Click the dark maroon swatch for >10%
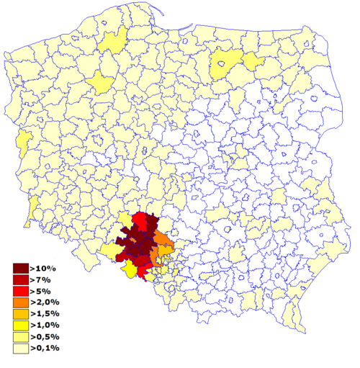tap(20, 268)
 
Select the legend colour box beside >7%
tap(20, 279)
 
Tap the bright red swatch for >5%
tap(20, 291)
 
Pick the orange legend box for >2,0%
tap(20, 302)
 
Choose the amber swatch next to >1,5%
tap(20, 314)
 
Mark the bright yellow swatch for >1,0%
tap(20, 326)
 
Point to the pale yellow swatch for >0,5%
tap(20, 337)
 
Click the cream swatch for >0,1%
tap(20, 349)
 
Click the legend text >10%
tap(44, 268)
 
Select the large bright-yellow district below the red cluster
tap(130, 269)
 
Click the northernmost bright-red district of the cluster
tap(140, 220)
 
